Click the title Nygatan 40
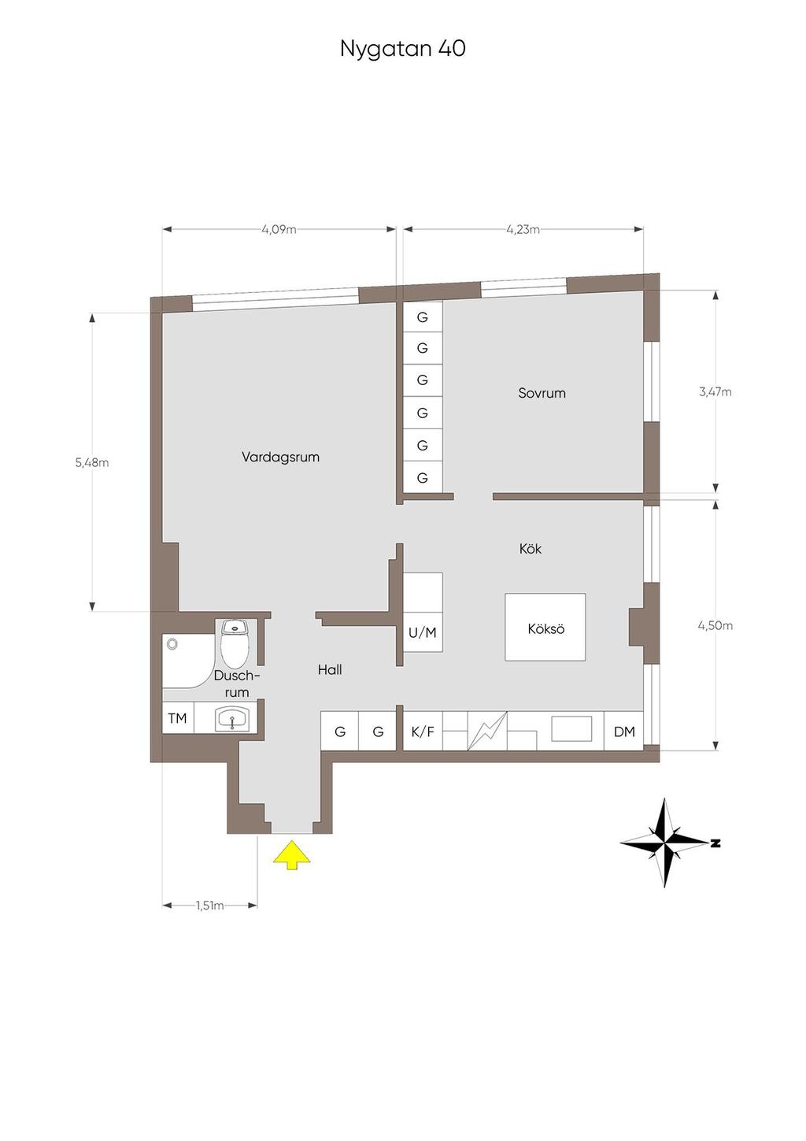coord(402,49)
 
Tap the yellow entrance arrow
coord(291,855)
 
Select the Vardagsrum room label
coord(280,457)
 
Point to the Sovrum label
coord(542,393)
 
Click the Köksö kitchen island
coord(545,628)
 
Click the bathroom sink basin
coord(232,719)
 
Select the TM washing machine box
coord(178,718)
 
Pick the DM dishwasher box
coord(624,732)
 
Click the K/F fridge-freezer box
coord(423,732)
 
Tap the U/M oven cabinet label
coord(423,632)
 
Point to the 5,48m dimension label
coord(92,463)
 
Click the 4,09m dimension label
coord(279,230)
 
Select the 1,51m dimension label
coord(209,906)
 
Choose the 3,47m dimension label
coord(715,391)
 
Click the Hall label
coord(330,670)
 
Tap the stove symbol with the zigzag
coord(487,731)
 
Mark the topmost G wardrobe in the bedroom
coord(423,317)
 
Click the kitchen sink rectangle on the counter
coord(571,728)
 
